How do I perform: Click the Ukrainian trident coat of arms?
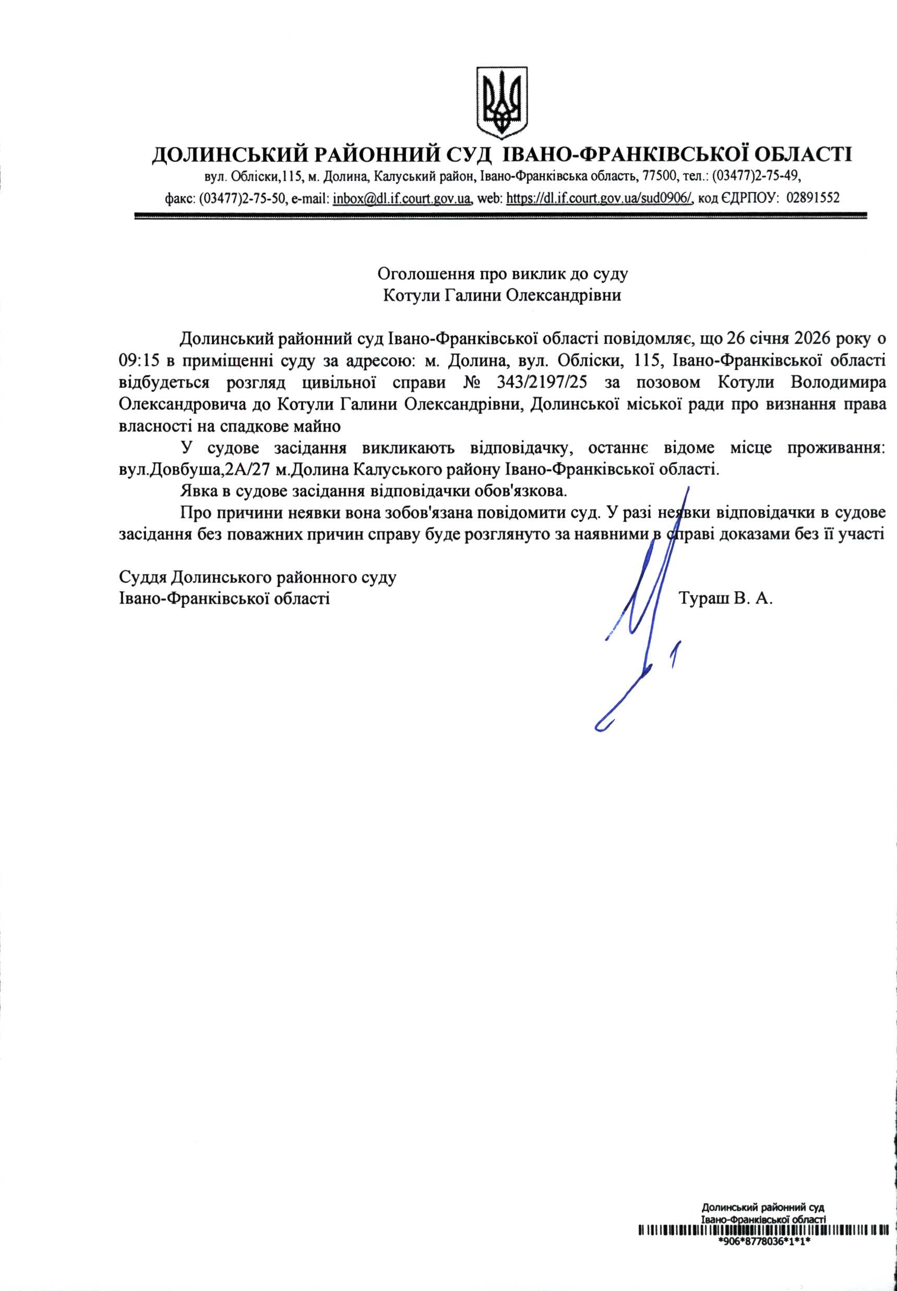click(502, 102)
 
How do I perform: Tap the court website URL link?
click(600, 198)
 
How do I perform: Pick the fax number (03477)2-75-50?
click(243, 198)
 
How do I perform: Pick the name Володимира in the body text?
click(839, 382)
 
